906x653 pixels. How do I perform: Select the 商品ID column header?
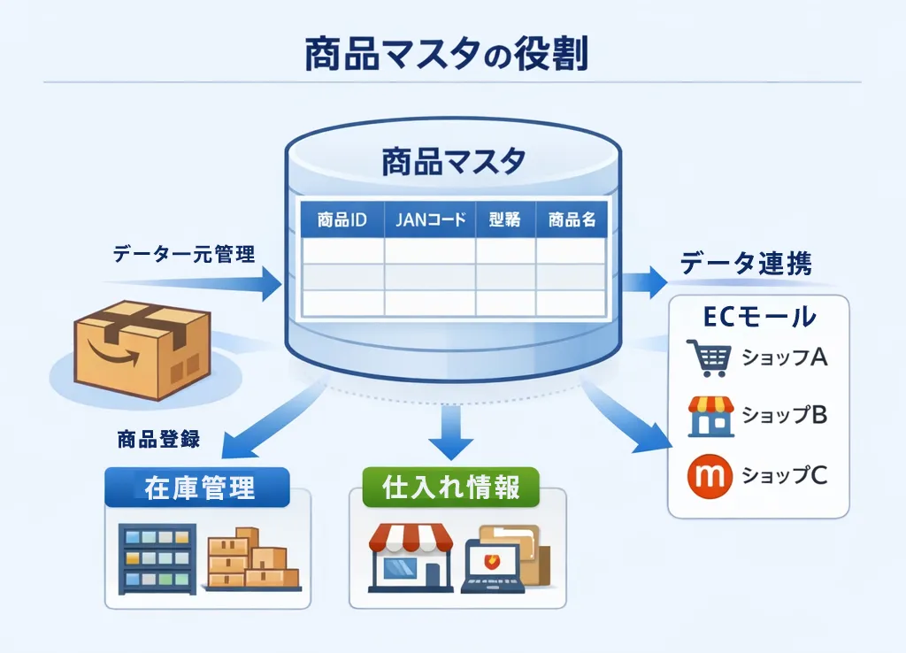342,220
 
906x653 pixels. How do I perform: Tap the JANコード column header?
429,220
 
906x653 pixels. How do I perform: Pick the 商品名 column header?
572,220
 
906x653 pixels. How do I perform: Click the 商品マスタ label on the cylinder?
453,162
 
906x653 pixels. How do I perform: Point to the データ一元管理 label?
184,255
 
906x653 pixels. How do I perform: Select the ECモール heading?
758,317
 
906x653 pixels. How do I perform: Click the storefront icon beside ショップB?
710,416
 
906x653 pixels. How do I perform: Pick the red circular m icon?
710,474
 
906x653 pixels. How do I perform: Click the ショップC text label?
784,475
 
